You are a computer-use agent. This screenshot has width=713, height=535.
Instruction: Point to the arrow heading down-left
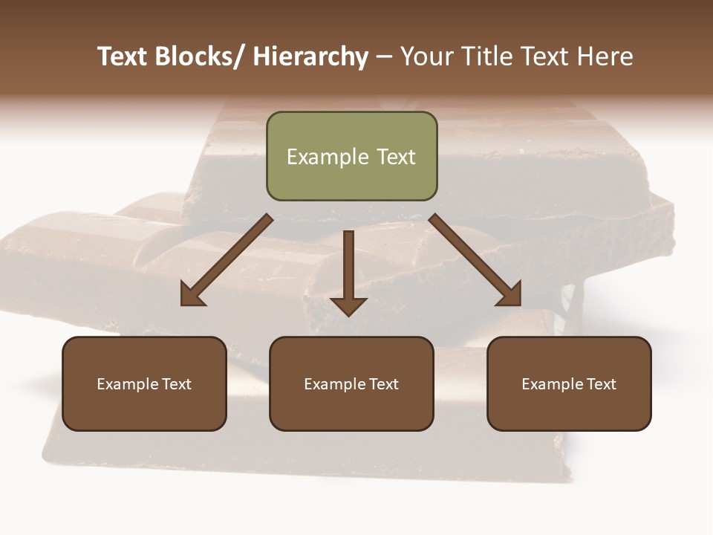227,260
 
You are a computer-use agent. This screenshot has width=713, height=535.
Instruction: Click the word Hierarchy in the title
310,56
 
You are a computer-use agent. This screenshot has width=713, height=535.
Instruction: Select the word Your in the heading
426,56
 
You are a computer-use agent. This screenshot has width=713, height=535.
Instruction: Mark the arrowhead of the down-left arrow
192,295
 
